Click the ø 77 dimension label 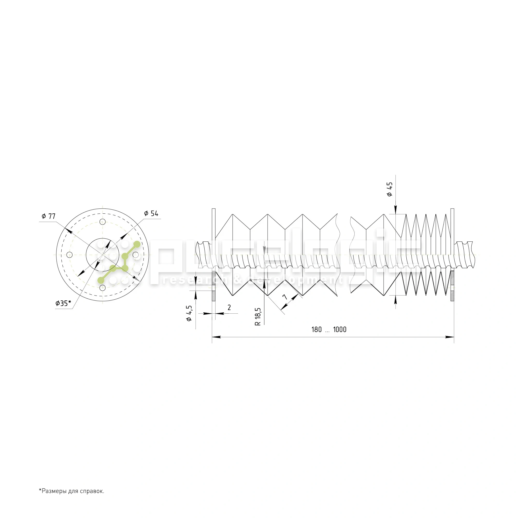click(x=48, y=216)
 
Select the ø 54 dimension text click(x=151, y=213)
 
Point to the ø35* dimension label click(x=63, y=303)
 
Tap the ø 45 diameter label click(x=390, y=189)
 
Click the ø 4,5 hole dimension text click(x=189, y=313)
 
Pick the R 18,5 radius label click(x=258, y=316)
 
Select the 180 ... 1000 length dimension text click(x=329, y=329)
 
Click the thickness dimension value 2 click(x=229, y=307)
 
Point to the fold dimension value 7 click(x=285, y=297)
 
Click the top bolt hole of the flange click(x=102, y=222)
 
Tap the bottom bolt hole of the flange click(x=102, y=288)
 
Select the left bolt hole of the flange click(x=69, y=255)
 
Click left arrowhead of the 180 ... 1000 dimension click(x=216, y=337)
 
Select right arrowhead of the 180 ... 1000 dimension click(x=450, y=337)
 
